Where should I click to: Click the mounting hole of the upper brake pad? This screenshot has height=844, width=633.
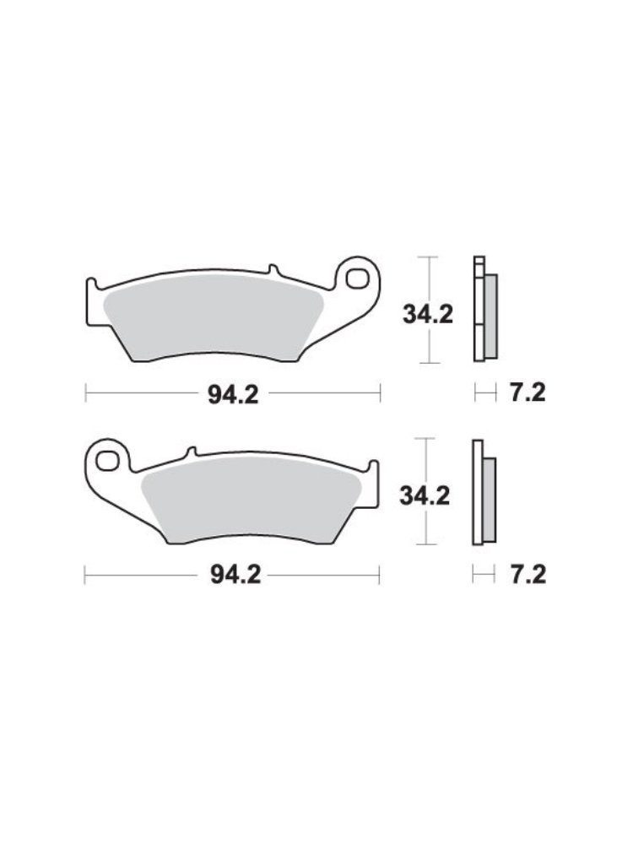click(x=356, y=279)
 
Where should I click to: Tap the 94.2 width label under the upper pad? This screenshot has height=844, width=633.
click(x=233, y=396)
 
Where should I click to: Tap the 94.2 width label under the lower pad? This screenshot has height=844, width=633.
click(x=235, y=576)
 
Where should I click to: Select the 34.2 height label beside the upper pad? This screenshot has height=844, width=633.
click(x=428, y=314)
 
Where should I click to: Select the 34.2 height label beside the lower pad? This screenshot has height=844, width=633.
click(x=425, y=495)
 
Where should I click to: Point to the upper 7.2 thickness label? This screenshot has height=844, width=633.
click(x=527, y=393)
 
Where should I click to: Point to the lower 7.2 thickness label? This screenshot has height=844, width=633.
click(x=528, y=575)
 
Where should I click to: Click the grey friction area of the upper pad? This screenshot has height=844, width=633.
click(x=213, y=317)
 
